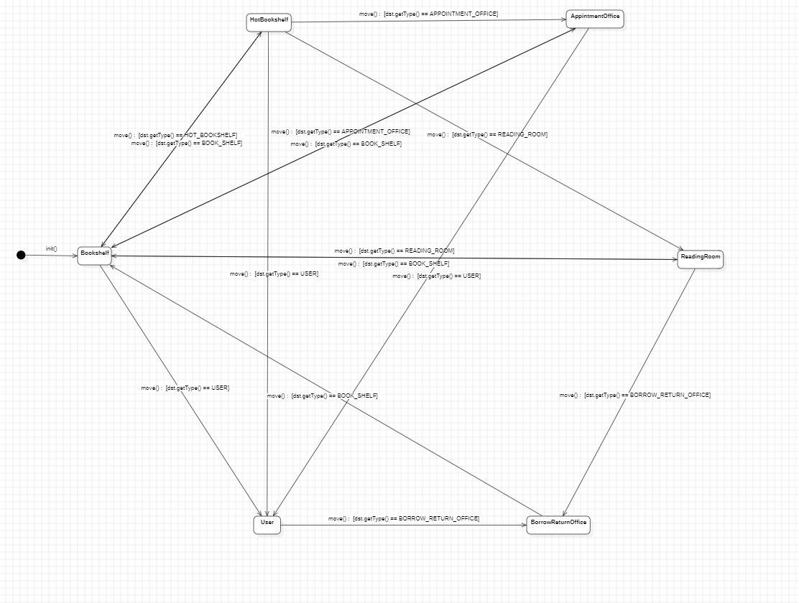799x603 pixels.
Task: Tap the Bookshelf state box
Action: (95, 256)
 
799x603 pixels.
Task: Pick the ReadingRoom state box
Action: (700, 259)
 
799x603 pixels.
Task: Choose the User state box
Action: (267, 525)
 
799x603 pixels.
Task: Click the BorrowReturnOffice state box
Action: (558, 525)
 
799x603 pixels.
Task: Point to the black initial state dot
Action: (21, 255)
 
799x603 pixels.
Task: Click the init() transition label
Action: (52, 249)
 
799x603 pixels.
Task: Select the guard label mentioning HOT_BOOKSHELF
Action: (175, 135)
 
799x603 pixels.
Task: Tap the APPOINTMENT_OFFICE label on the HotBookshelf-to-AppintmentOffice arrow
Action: (428, 14)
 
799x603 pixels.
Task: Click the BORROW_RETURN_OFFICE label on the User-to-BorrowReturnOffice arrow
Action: (404, 518)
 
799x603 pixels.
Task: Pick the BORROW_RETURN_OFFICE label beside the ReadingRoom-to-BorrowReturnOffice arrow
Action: (634, 395)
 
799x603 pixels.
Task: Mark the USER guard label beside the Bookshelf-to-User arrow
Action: (185, 388)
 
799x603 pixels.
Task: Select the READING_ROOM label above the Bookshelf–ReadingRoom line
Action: (394, 251)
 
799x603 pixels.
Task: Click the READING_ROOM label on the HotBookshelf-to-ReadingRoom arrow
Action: (487, 134)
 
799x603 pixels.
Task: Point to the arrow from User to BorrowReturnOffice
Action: (402, 525)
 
